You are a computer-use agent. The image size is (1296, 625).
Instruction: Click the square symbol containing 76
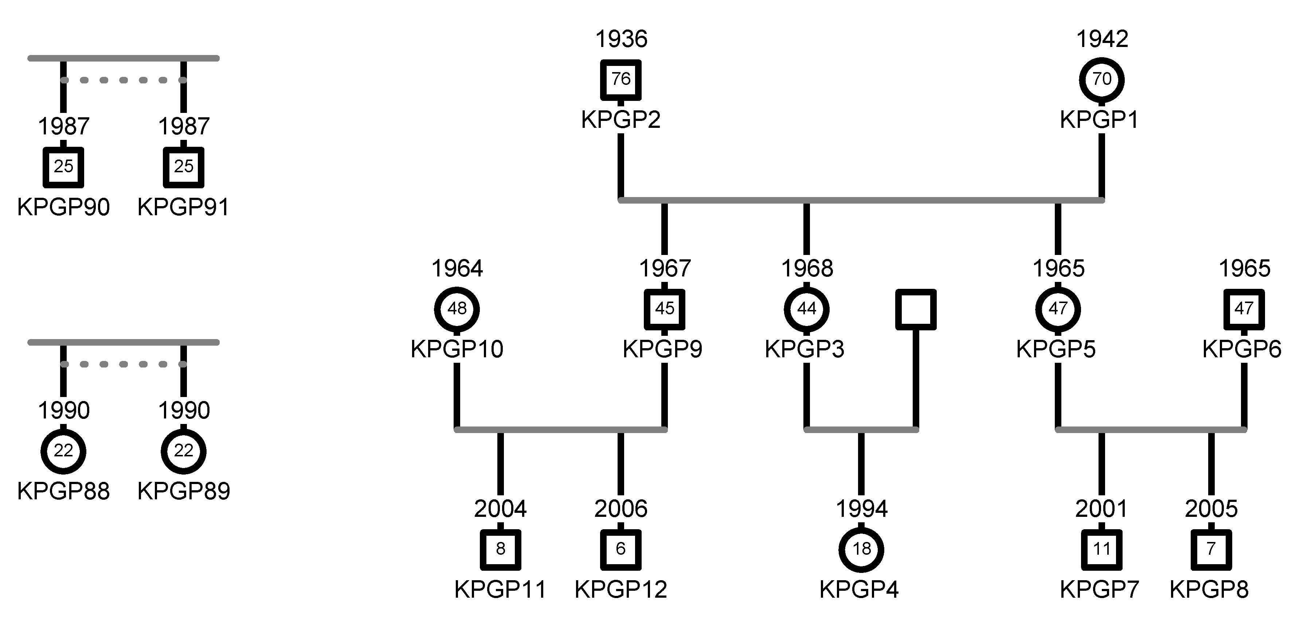[x=621, y=79]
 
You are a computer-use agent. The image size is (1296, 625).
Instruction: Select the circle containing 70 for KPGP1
[x=1101, y=79]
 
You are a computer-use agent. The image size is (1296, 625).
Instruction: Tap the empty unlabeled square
[x=916, y=309]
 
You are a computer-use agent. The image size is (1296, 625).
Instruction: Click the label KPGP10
[x=457, y=349]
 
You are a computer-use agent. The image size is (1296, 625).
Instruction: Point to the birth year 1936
[x=621, y=39]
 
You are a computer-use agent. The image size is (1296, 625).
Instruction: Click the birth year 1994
[x=861, y=509]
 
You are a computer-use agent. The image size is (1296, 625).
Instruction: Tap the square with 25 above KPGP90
[x=63, y=167]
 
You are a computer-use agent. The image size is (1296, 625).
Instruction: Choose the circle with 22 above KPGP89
[x=184, y=451]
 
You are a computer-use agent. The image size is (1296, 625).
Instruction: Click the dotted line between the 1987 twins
[x=123, y=80]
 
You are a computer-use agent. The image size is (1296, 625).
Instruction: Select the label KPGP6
[x=1242, y=349]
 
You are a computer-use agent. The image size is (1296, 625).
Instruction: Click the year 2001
[x=1101, y=509]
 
